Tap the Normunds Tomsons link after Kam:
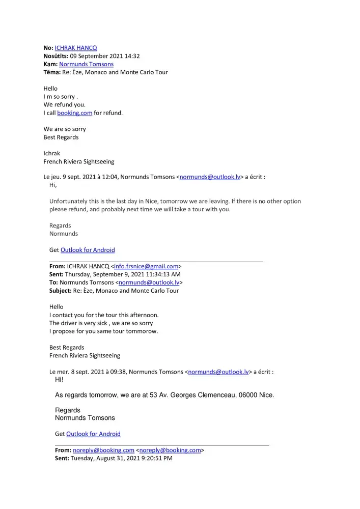[86, 64]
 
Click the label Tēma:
[52, 72]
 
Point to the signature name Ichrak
[51, 153]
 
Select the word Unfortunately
[68, 201]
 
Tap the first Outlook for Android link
[88, 250]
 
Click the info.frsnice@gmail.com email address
[146, 266]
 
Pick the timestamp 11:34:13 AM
[160, 274]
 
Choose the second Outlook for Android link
[93, 434]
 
